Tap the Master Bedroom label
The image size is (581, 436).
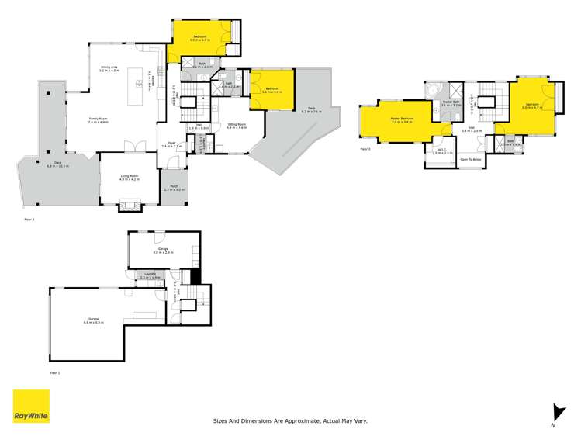[402, 119]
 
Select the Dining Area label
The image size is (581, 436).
[109, 67]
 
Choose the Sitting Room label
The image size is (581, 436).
[237, 125]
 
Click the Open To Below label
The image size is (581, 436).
[471, 160]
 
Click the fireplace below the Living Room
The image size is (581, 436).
[129, 206]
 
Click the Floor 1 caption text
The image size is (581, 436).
[54, 372]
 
